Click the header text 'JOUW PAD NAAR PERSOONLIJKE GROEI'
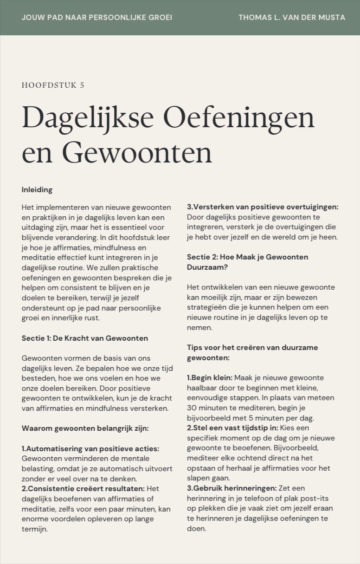click(96, 18)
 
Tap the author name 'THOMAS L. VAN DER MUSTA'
click(292, 18)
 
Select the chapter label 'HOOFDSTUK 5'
click(53, 85)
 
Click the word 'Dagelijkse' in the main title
click(88, 118)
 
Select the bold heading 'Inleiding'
click(37, 189)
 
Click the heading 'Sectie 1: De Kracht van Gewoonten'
click(85, 338)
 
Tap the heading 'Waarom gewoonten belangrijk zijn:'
click(85, 428)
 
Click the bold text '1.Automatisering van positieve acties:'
click(90, 448)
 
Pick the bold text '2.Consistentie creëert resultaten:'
click(83, 488)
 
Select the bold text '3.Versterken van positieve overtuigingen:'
click(263, 207)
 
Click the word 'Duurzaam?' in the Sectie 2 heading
click(206, 267)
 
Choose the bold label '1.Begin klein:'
click(210, 378)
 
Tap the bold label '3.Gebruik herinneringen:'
click(231, 488)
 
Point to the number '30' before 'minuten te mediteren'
click(192, 408)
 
